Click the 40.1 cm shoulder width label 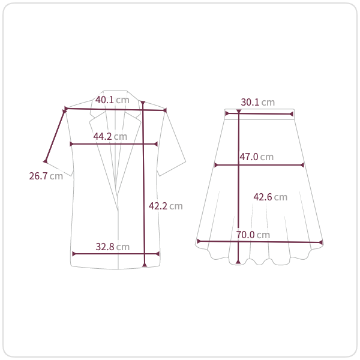click(x=112, y=100)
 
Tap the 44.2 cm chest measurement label click(x=110, y=136)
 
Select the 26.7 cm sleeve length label click(x=46, y=176)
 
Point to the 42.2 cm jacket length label click(x=166, y=206)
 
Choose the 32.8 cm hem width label click(x=113, y=247)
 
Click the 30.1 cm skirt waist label click(x=258, y=102)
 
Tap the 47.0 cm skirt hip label click(x=257, y=157)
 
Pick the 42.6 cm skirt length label click(x=271, y=197)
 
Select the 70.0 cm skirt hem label click(x=253, y=235)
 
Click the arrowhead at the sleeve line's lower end click(x=46, y=161)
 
